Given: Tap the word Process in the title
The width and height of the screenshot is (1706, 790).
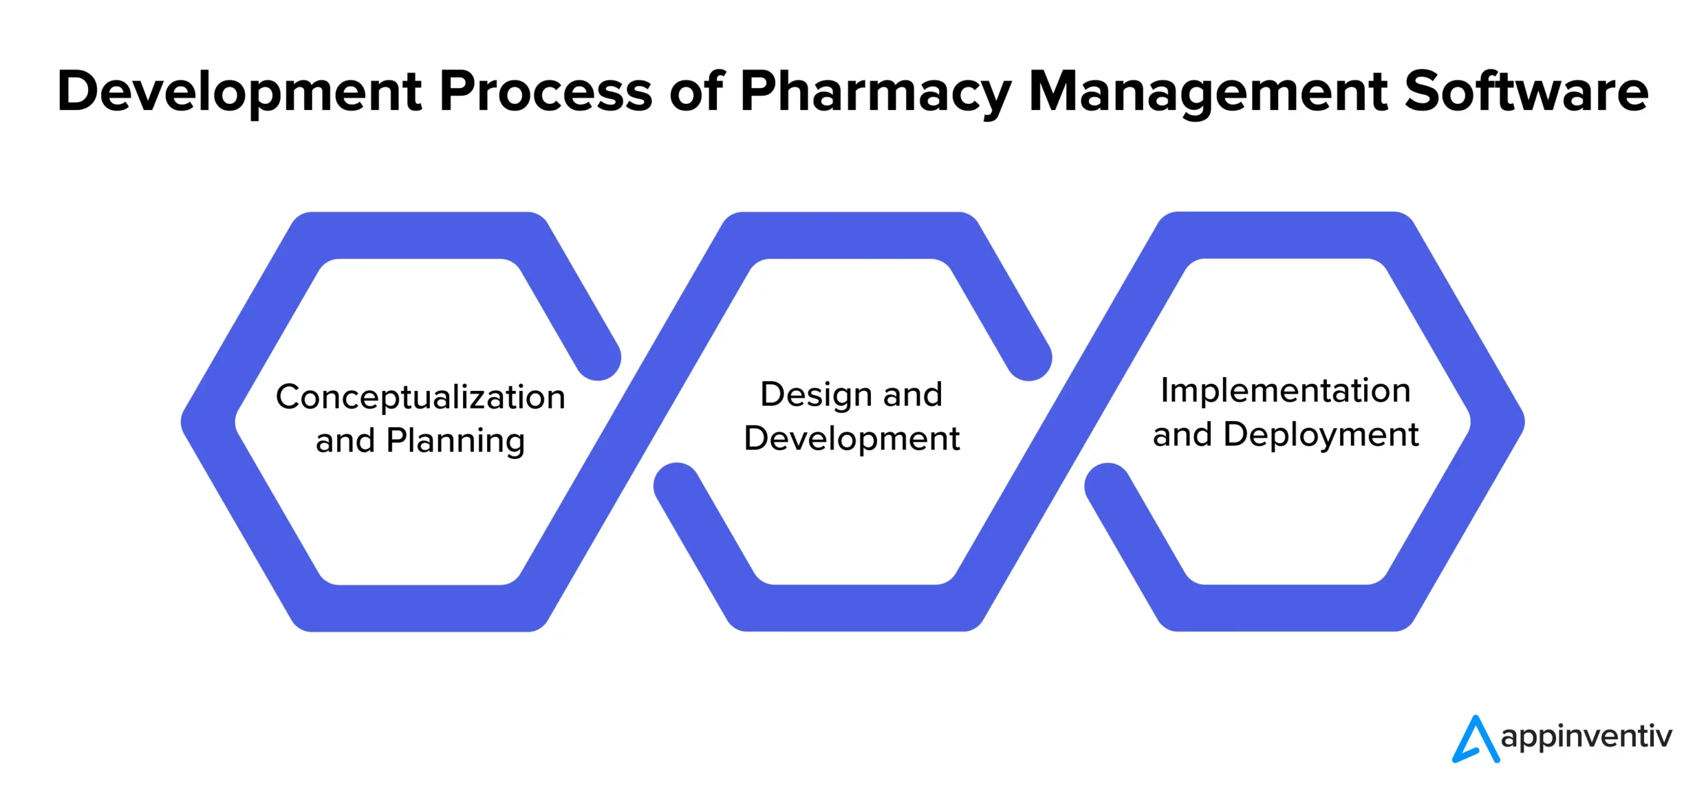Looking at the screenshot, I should coord(546,92).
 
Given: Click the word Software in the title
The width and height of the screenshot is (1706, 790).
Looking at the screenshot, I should coord(1526,92).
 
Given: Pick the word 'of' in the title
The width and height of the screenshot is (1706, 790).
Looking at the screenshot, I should coord(696,92).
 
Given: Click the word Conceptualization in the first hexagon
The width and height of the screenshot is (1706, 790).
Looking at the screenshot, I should coord(421,398).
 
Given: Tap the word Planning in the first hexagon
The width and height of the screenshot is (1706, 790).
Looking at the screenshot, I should coord(456,442).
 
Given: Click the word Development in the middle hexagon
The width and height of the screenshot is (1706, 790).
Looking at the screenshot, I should coord(852,439).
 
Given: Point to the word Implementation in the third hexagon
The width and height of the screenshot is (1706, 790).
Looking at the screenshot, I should coord(1285,391).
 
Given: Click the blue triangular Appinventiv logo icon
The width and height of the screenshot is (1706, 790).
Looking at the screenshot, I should coord(1475,739).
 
